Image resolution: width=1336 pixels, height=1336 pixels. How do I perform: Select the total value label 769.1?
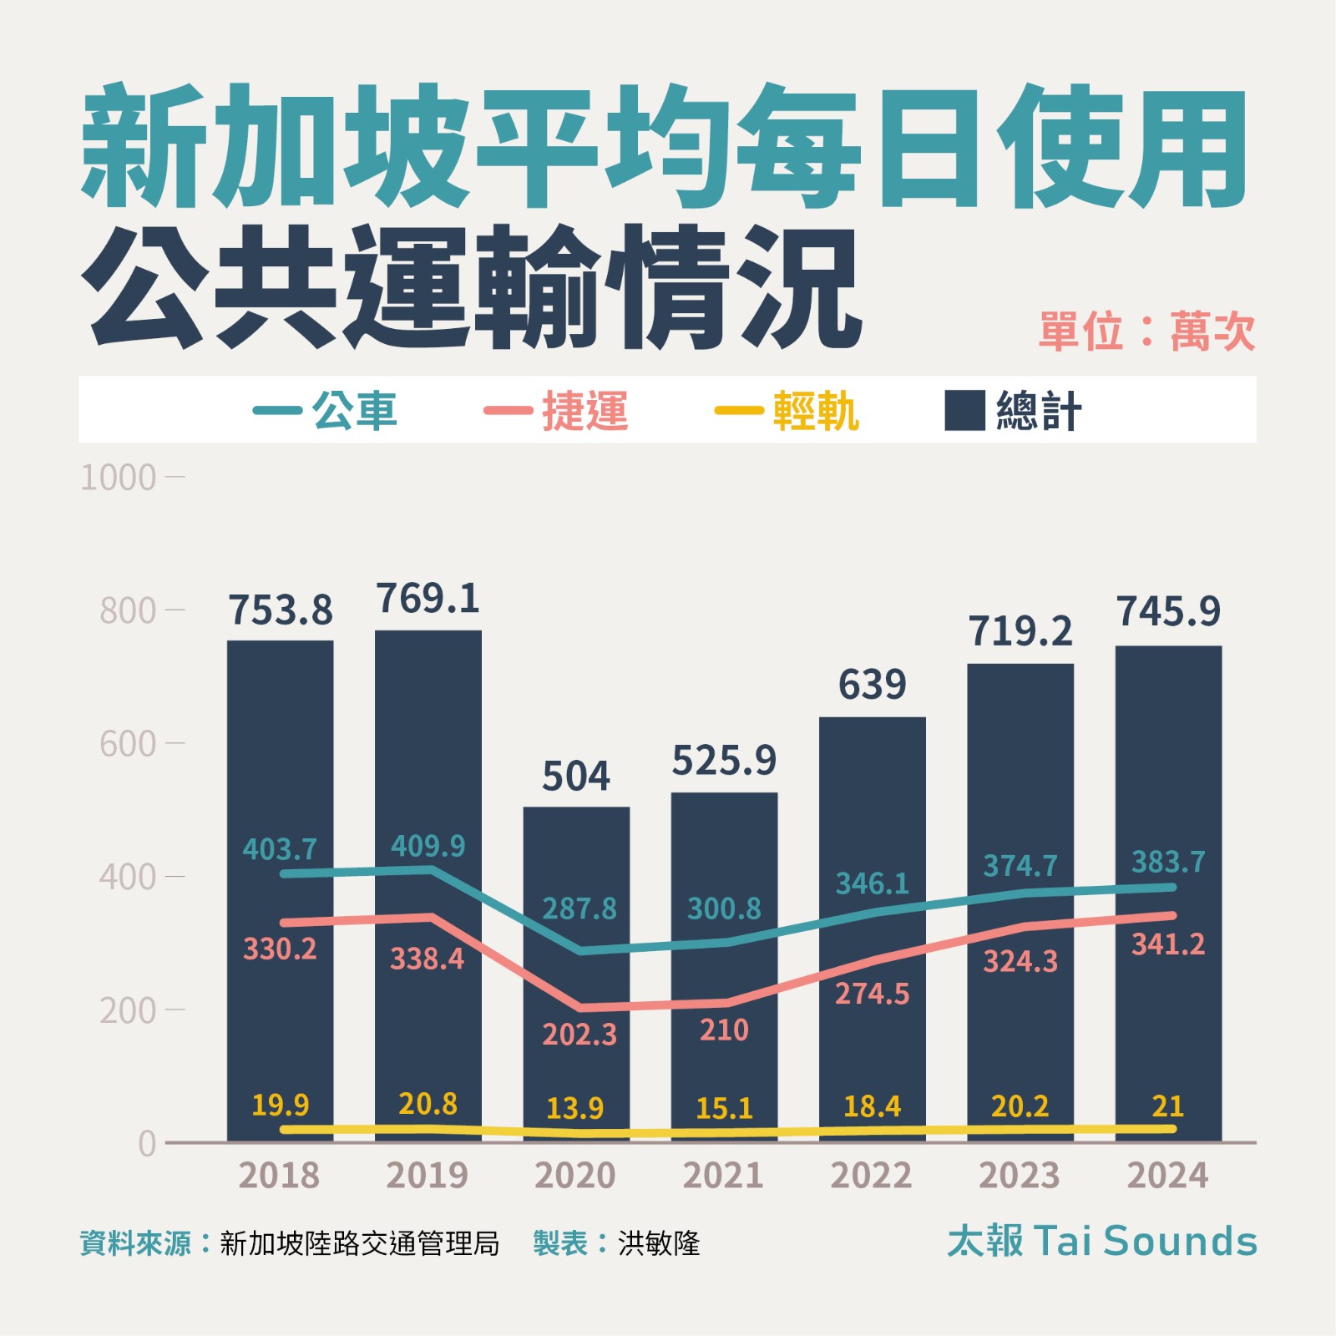pyautogui.click(x=428, y=599)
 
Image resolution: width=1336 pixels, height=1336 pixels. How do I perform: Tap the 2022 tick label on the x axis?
pyautogui.click(x=871, y=1176)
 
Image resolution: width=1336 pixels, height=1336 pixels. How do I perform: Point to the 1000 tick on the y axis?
pyautogui.click(x=119, y=478)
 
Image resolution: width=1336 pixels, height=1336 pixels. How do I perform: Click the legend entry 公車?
pyautogui.click(x=354, y=411)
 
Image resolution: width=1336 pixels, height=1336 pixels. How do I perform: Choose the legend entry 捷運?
pyautogui.click(x=584, y=411)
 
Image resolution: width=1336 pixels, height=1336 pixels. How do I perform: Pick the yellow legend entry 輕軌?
pyautogui.click(x=815, y=411)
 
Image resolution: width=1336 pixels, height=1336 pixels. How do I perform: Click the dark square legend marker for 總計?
pyautogui.click(x=964, y=410)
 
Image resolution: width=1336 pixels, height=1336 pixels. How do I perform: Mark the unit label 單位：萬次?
pyautogui.click(x=1146, y=331)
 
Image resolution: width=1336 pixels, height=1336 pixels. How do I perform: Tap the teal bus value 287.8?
pyautogui.click(x=579, y=908)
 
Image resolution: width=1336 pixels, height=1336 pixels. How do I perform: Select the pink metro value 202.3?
pyautogui.click(x=579, y=1035)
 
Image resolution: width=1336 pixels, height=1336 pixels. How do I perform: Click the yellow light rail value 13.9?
pyautogui.click(x=574, y=1108)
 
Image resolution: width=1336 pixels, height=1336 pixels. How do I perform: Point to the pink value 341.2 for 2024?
pyautogui.click(x=1168, y=944)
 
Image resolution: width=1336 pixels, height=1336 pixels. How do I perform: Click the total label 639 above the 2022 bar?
pyautogui.click(x=872, y=685)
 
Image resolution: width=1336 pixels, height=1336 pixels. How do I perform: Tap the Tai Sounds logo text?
pyautogui.click(x=1102, y=1241)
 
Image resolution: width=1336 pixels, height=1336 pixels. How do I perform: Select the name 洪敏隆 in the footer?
pyautogui.click(x=659, y=1243)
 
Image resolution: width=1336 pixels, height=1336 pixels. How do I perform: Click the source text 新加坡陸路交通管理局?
pyautogui.click(x=359, y=1243)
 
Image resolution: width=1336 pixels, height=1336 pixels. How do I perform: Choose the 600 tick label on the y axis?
pyautogui.click(x=127, y=744)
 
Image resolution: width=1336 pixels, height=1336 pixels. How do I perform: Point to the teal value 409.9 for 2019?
pyautogui.click(x=428, y=846)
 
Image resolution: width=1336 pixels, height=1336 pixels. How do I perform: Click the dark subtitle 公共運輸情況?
pyautogui.click(x=472, y=288)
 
